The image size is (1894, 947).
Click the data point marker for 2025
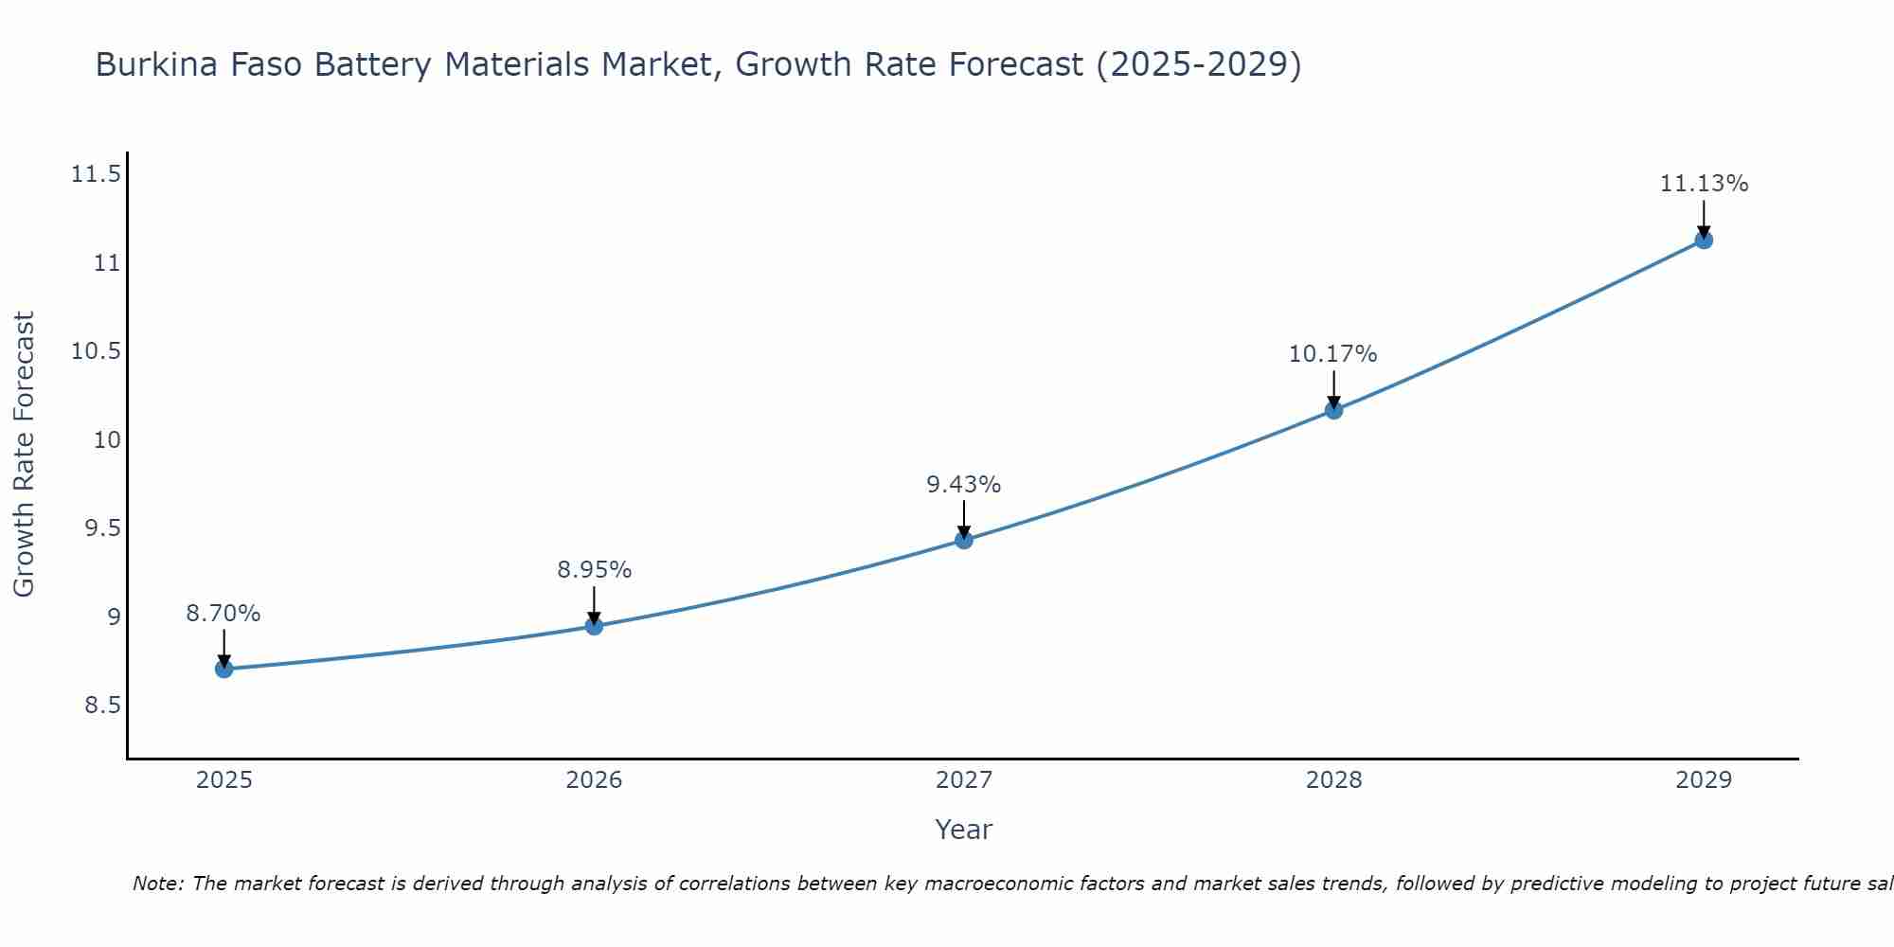coord(223,669)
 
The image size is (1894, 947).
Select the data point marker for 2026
coord(594,626)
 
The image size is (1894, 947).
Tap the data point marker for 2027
coord(964,540)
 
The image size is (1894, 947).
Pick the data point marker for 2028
coord(1333,410)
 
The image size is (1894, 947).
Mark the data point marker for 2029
coord(1704,240)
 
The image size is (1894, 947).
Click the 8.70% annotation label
coord(223,614)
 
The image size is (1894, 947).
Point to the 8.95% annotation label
coord(594,570)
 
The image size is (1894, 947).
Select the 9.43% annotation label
coord(964,485)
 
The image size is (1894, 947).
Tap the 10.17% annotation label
coord(1333,354)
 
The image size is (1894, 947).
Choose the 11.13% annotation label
coord(1704,184)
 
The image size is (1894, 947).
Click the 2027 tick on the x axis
coord(964,780)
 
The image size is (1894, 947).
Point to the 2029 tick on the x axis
coord(1704,780)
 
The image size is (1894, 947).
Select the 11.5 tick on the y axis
coord(96,174)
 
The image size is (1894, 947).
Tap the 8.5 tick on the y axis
coord(102,706)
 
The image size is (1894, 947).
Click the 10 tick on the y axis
coord(108,439)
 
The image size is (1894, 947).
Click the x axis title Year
coord(964,830)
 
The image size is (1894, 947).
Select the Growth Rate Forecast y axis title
coord(25,455)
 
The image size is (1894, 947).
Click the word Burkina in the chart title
coord(152,65)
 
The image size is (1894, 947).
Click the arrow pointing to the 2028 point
coord(1333,388)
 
